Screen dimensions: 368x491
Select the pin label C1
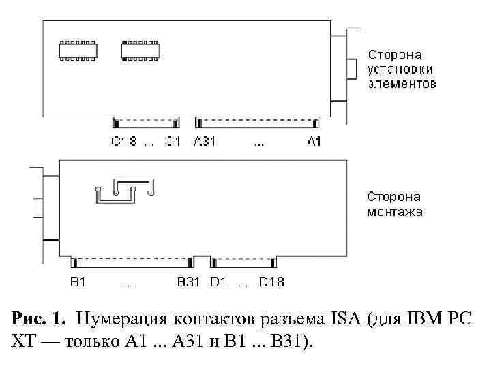point(173,142)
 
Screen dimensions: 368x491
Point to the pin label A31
point(205,142)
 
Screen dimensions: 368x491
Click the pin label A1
point(314,142)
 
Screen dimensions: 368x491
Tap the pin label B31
point(188,281)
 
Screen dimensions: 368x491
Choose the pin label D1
point(218,281)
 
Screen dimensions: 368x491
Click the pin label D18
point(271,281)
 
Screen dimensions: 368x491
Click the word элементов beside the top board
point(402,84)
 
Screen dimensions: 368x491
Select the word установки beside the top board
point(401,70)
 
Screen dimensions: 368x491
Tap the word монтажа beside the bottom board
point(395,212)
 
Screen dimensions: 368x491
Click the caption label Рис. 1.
point(39,318)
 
